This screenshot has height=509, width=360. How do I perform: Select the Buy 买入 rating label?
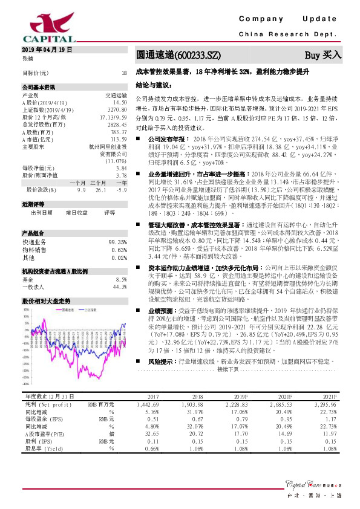pyautogui.click(x=323, y=55)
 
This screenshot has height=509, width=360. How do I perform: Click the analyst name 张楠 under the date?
pyautogui.click(x=28, y=58)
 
